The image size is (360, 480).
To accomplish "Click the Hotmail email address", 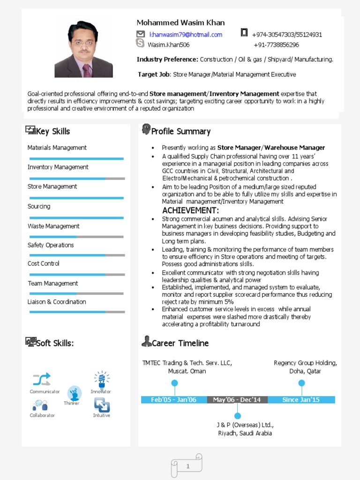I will (x=186, y=35).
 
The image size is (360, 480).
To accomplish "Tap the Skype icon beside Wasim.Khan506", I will (x=140, y=44).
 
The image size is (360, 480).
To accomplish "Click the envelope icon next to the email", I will (x=140, y=34).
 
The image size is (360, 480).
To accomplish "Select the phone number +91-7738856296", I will (x=276, y=45).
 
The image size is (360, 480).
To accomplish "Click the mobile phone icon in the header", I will (x=244, y=32).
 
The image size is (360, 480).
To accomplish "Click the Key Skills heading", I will (x=53, y=131).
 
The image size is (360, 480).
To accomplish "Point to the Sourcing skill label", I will (x=39, y=206).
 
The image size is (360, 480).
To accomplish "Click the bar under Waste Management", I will (x=77, y=237).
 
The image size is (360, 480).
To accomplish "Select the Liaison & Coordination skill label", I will (x=57, y=302).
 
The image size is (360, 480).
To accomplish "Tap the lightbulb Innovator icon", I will (x=101, y=378).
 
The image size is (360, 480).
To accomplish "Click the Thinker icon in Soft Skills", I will (x=74, y=393).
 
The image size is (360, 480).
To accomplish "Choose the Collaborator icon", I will (x=41, y=405).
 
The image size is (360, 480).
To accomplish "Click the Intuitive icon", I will (x=102, y=405).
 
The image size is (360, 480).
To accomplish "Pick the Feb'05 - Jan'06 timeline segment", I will (x=173, y=400).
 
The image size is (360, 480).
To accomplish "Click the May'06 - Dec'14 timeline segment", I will (x=237, y=400).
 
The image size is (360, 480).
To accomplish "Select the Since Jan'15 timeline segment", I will (x=301, y=400).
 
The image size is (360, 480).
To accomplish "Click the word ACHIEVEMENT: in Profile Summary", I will (x=190, y=210).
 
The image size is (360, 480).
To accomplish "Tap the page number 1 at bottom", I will (x=188, y=466).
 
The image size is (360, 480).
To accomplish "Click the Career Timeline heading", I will (x=180, y=343).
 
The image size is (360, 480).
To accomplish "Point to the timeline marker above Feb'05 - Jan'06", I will (x=174, y=383).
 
